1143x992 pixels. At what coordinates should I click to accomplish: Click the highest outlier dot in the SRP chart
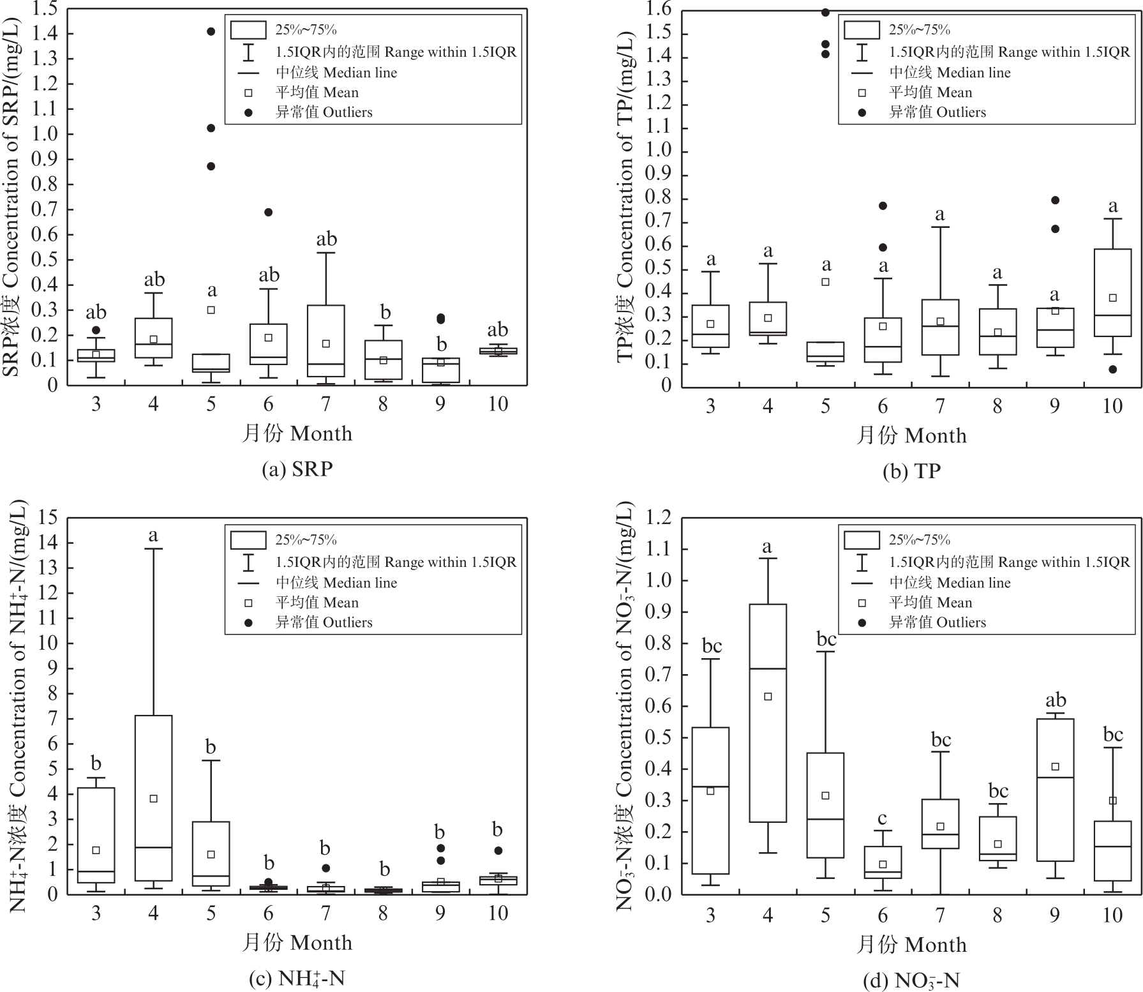tap(211, 31)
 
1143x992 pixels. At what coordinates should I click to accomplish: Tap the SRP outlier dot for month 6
tap(269, 212)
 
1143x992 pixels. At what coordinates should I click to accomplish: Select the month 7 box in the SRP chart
tap(326, 340)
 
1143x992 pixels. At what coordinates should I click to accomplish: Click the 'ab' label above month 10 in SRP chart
tap(498, 329)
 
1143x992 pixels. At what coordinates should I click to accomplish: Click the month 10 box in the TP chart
tap(1112, 292)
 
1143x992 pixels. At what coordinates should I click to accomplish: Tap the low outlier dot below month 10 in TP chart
tap(1112, 369)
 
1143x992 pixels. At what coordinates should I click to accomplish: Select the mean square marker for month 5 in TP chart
tap(825, 282)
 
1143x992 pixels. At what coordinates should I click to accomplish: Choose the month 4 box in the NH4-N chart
tap(154, 798)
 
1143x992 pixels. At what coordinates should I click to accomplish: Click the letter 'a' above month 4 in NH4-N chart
tap(153, 535)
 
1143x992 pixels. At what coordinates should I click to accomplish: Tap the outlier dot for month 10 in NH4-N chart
tap(498, 850)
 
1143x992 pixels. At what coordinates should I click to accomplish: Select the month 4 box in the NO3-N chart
tap(768, 712)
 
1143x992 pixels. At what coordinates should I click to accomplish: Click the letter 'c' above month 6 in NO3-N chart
tap(883, 818)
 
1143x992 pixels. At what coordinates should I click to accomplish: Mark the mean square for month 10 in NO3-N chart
tap(1112, 800)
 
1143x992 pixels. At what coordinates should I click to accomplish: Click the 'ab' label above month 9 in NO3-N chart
tap(1055, 700)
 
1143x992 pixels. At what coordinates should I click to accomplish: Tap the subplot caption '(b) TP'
tap(911, 471)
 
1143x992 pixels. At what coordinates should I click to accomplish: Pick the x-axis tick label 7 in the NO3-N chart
tap(940, 915)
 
